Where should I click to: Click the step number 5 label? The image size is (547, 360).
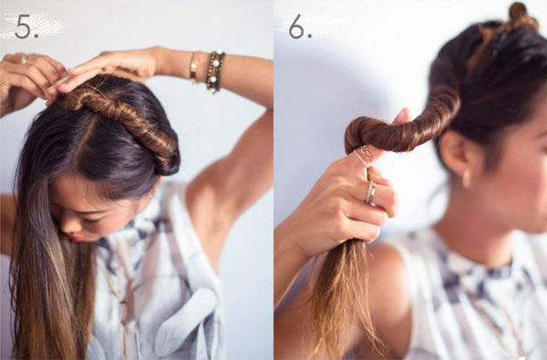26,26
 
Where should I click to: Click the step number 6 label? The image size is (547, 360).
300,26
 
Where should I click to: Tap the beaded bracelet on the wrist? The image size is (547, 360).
215,71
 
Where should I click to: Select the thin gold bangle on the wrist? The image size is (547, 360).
194,67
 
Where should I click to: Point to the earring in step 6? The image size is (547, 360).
466,180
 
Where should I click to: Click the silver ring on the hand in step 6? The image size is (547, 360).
370,192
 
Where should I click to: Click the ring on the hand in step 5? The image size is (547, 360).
24,58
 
